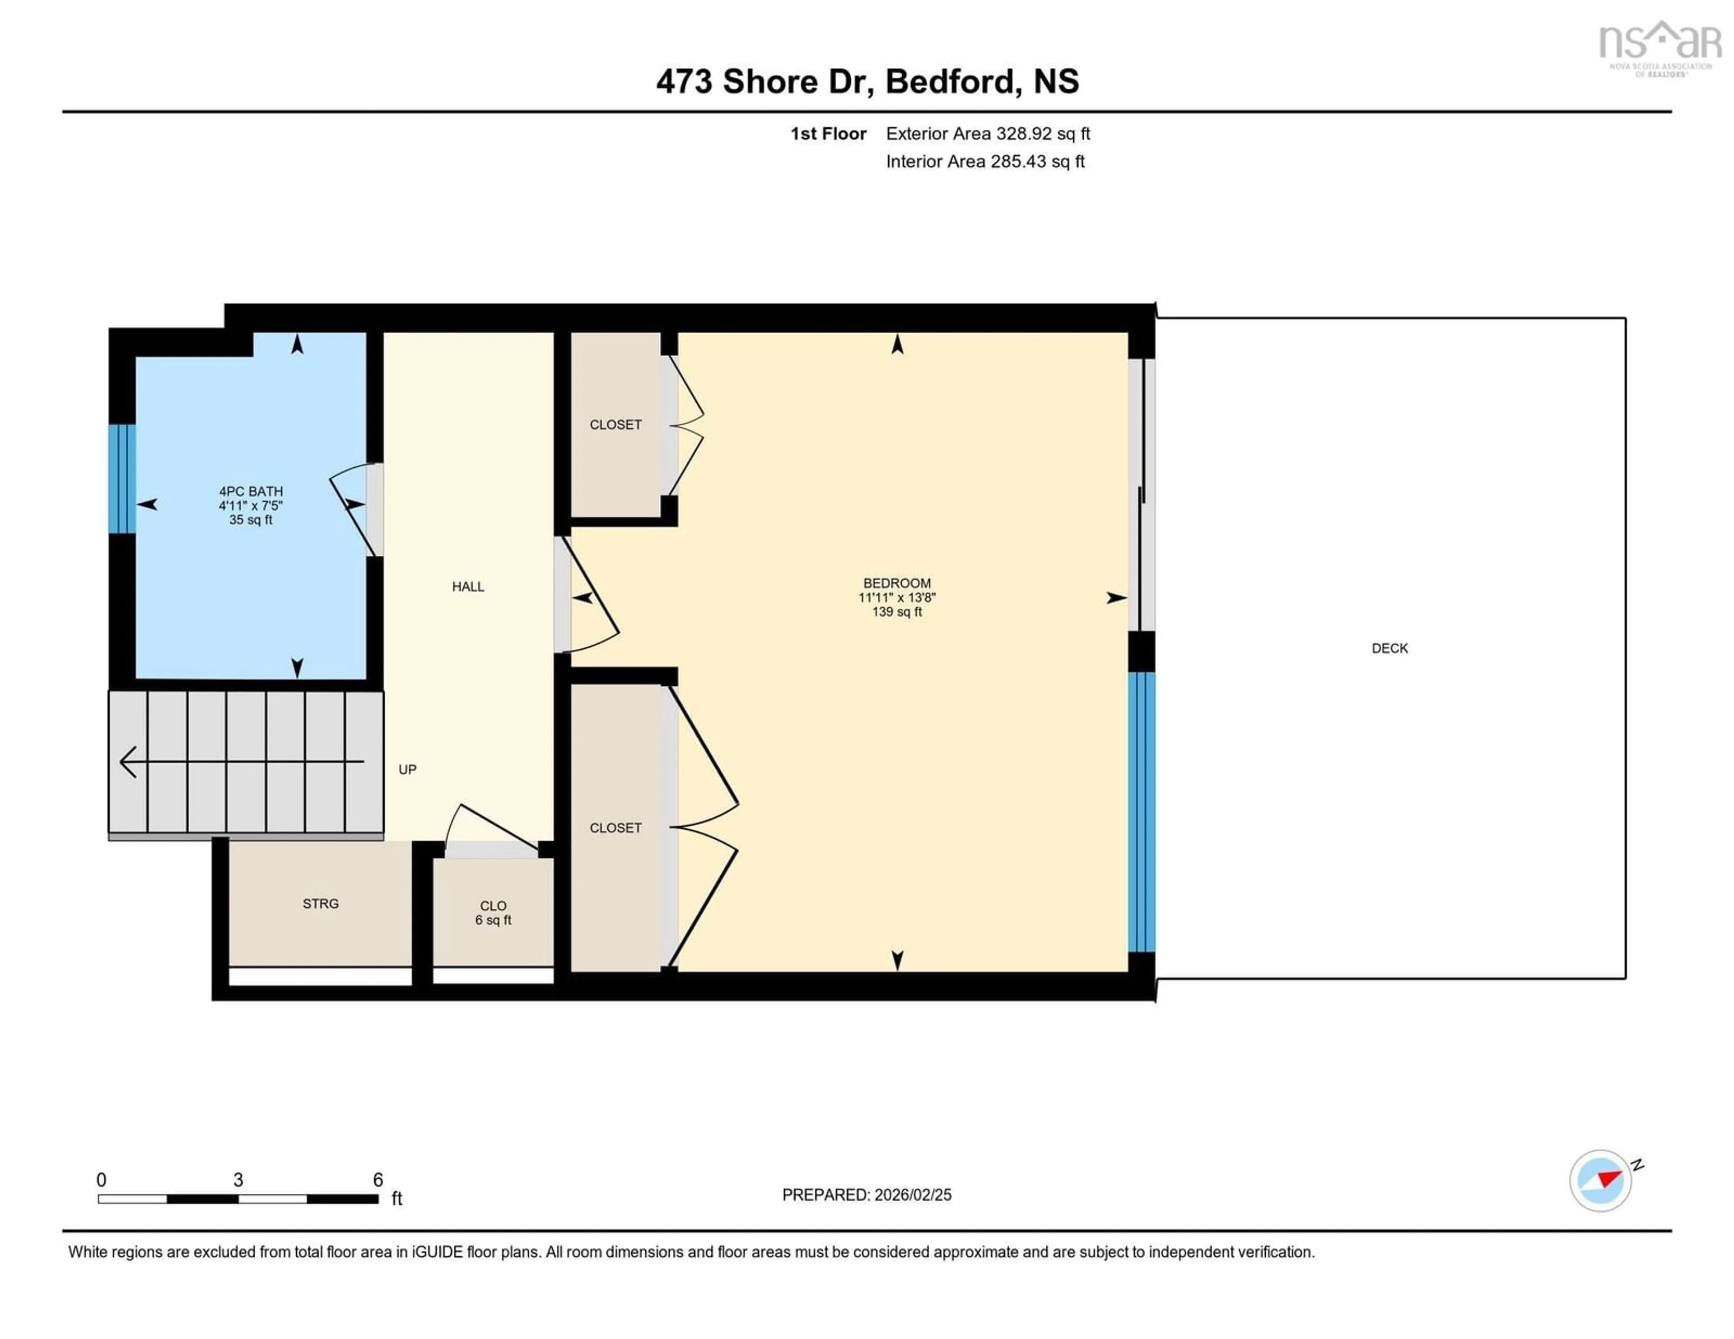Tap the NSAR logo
click(x=1659, y=47)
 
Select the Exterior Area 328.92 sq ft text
click(x=988, y=133)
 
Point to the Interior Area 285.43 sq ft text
click(x=984, y=161)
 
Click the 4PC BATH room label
click(x=251, y=491)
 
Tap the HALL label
click(x=468, y=586)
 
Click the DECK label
click(x=1389, y=648)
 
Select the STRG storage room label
click(x=320, y=903)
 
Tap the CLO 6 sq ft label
click(x=493, y=913)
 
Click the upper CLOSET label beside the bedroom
click(x=615, y=425)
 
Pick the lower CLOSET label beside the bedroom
click(x=615, y=828)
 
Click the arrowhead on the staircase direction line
click(x=127, y=762)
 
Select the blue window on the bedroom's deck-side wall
click(x=1141, y=811)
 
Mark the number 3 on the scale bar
click(x=238, y=1180)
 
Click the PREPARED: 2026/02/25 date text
click(x=866, y=1195)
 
